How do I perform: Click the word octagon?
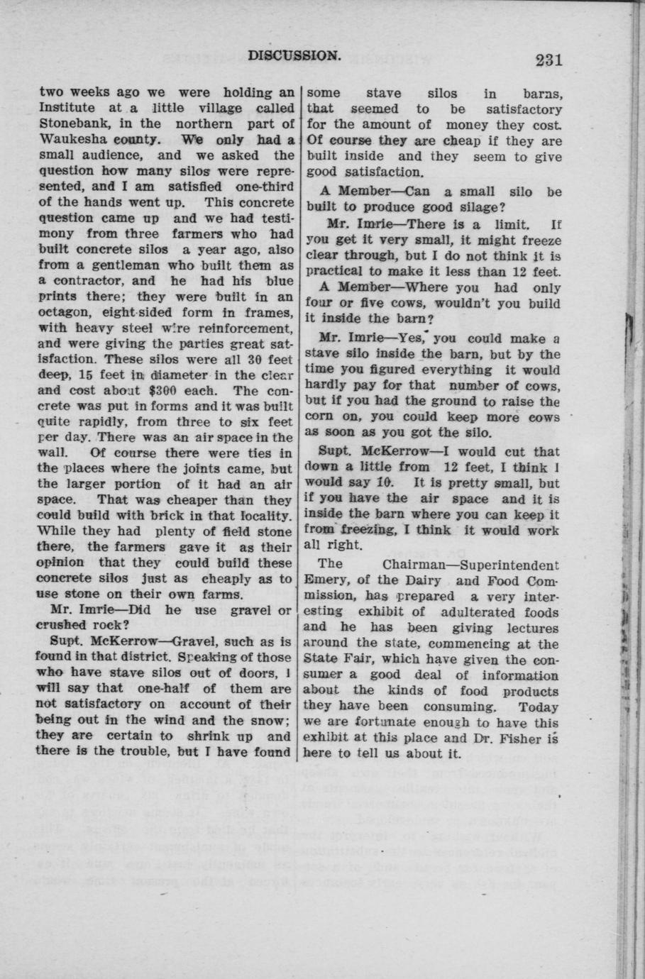(x=64, y=311)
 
